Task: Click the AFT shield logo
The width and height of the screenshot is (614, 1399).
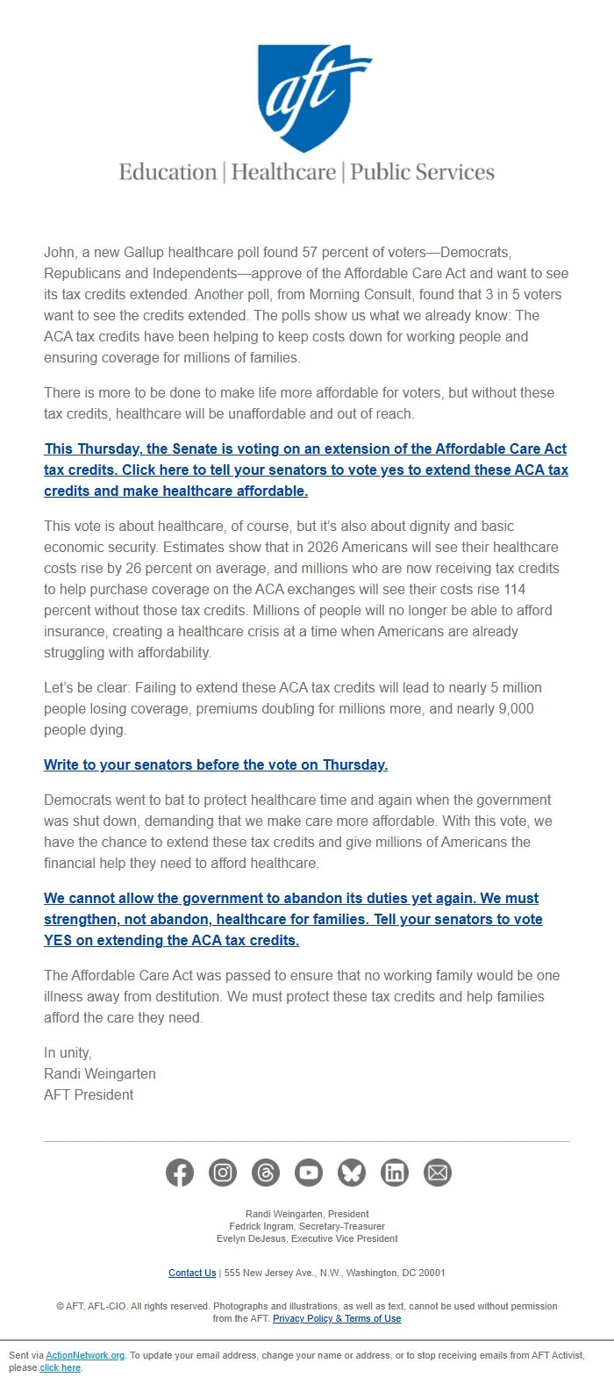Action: point(306,97)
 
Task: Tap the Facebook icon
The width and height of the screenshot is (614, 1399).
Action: point(180,1173)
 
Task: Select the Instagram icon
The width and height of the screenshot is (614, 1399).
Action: point(223,1173)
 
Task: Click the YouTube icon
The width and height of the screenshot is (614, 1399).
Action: point(309,1173)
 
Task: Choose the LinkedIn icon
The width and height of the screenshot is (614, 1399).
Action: point(395,1173)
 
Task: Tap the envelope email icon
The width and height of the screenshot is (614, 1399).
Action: point(438,1173)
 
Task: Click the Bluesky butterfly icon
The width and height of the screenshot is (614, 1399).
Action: point(352,1173)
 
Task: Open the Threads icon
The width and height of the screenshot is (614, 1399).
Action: point(266,1173)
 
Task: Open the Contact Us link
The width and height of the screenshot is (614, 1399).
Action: point(192,1273)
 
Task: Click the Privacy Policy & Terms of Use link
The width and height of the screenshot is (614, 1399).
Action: point(337,1318)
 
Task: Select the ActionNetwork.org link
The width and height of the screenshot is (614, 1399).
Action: point(85,1355)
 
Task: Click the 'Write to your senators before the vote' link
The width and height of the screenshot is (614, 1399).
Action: point(216,764)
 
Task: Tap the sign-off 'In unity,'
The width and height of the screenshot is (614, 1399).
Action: point(68,1052)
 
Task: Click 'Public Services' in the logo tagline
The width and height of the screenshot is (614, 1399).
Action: point(422,172)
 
